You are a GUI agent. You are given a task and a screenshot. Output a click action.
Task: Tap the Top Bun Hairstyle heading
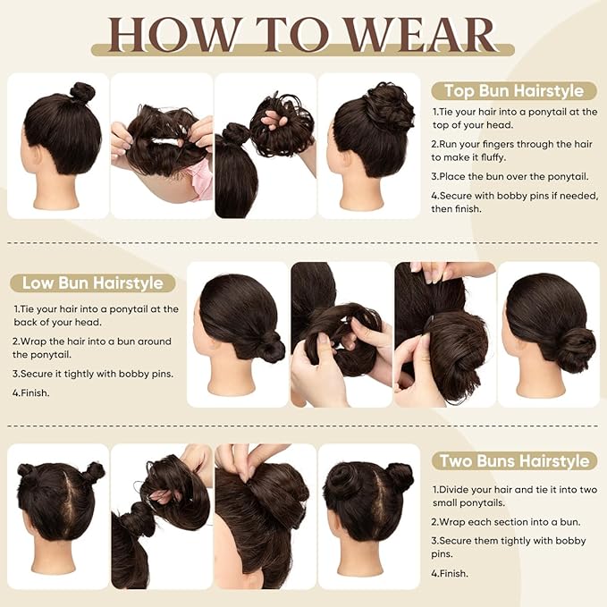click(507, 90)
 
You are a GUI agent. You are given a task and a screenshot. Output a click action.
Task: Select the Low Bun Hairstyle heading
click(92, 283)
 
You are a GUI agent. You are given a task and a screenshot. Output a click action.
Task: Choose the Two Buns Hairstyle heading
click(514, 461)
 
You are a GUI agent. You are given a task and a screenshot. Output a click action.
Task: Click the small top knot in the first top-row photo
click(82, 91)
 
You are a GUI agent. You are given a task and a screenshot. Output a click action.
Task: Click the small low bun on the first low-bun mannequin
click(270, 345)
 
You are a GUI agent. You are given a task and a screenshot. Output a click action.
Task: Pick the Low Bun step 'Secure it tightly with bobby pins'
click(92, 374)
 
